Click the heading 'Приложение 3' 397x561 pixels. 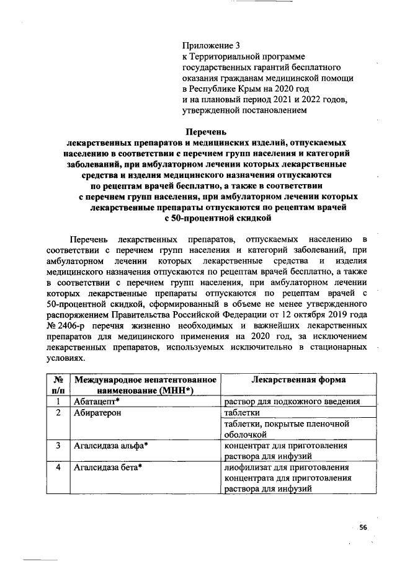click(x=210, y=45)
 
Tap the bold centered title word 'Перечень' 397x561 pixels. click(x=208, y=131)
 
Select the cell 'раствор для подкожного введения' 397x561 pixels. click(x=292, y=402)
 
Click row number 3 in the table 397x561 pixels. click(x=57, y=445)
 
